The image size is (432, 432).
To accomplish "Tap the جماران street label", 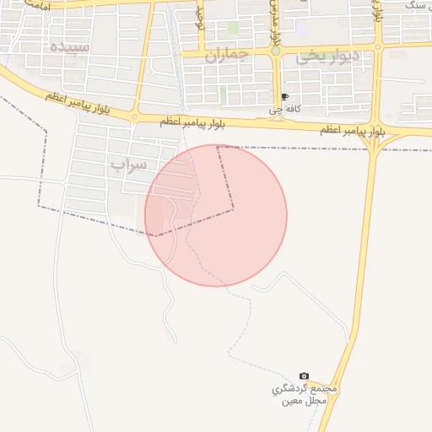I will click(228, 56).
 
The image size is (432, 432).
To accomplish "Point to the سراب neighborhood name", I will click(127, 163).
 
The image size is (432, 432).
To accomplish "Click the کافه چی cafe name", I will click(283, 109).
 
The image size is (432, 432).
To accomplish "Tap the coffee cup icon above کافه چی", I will click(283, 97).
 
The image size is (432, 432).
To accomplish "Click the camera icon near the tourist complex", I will click(305, 375).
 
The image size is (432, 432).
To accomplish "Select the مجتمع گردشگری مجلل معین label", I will click(305, 394).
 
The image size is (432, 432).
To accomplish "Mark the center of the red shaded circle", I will click(216, 215).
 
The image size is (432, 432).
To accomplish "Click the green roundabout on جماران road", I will click(275, 51).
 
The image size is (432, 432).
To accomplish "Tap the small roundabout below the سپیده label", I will click(134, 116).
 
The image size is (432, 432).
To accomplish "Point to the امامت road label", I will click(35, 7).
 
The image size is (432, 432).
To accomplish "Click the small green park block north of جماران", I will click(233, 28).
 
